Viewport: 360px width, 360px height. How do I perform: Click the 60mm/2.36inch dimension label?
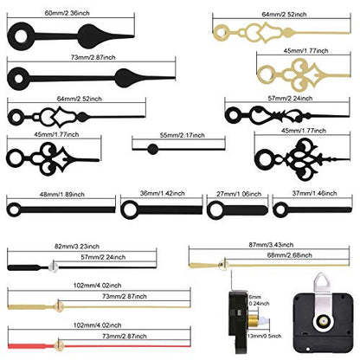pos(67,13)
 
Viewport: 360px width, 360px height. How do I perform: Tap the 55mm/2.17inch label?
pos(183,135)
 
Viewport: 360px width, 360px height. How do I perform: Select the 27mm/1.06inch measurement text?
pos(239,194)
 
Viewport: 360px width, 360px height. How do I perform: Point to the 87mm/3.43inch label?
pos(271,245)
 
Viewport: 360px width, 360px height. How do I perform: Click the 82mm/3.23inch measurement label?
pos(77,247)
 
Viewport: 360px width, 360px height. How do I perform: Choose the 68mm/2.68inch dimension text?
pos(289,255)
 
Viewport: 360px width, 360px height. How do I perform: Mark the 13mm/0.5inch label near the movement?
pos(264,336)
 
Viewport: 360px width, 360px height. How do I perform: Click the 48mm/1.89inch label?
pos(62,195)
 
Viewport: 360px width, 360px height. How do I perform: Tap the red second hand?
pos(100,345)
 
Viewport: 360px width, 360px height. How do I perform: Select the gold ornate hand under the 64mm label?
pos(281,32)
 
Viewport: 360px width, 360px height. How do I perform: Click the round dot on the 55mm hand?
pos(152,149)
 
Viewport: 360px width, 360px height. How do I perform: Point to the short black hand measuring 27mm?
pos(237,209)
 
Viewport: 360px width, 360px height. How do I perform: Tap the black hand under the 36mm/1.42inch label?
pos(162,209)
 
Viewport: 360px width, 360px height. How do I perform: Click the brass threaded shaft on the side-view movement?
pos(253,321)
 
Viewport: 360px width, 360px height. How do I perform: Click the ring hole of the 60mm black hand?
pos(21,36)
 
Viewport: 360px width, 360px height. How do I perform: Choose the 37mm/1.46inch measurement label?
pos(314,193)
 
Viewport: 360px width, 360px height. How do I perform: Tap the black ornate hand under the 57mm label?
pos(287,115)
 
